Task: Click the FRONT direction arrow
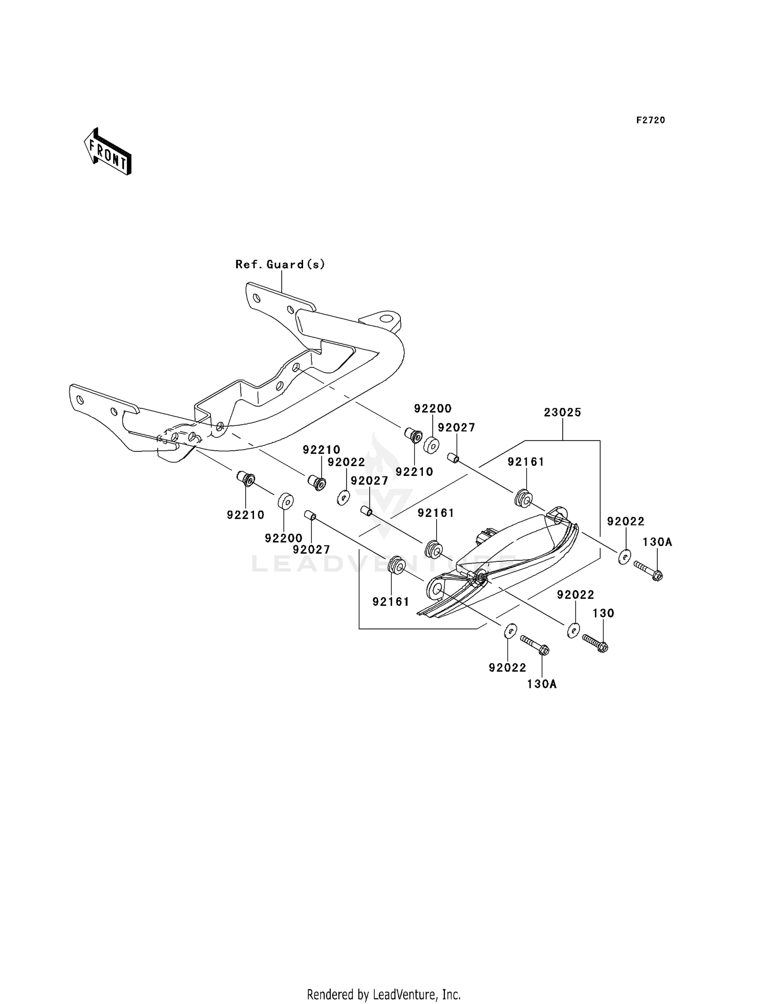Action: point(108,152)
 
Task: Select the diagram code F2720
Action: point(651,120)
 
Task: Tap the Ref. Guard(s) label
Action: point(280,265)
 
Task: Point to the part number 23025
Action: point(562,412)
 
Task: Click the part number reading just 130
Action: point(604,613)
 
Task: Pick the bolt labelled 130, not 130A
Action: point(595,643)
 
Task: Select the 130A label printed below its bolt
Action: point(542,684)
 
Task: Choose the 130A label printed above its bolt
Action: point(657,542)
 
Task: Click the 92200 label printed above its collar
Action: point(433,408)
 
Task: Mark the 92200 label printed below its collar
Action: point(284,538)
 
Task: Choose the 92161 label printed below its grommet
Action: point(391,602)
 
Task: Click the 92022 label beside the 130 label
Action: point(575,595)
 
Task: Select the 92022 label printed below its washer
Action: point(507,668)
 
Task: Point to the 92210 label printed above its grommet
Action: point(322,450)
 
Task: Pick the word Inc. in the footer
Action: point(451,994)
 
